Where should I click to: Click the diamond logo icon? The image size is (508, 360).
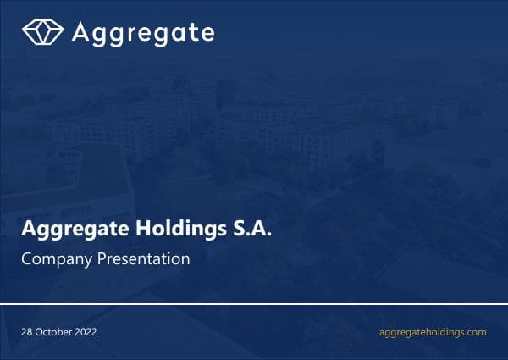[x=43, y=32]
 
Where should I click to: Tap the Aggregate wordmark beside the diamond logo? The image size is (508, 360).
[x=142, y=33]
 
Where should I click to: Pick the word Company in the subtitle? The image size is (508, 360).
[x=51, y=259]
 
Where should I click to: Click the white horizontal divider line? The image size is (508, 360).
[x=254, y=302]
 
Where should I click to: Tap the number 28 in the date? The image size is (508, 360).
[x=27, y=332]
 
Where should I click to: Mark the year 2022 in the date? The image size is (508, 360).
[x=86, y=332]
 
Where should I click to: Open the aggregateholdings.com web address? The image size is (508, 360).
[x=433, y=332]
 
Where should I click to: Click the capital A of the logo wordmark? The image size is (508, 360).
[x=80, y=32]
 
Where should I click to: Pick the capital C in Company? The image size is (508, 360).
[x=25, y=259]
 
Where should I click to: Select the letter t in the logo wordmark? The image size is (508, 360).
[x=193, y=32]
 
